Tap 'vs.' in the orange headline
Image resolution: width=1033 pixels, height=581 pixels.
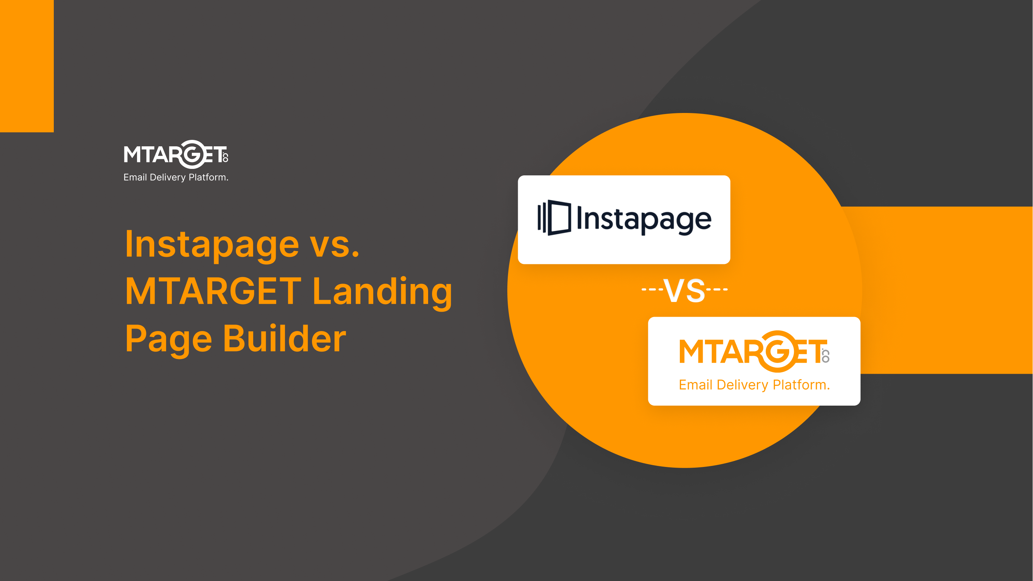[335, 246]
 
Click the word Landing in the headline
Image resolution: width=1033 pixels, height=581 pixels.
[383, 293]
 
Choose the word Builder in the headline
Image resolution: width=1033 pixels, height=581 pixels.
[284, 338]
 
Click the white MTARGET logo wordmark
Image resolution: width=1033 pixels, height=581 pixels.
[176, 154]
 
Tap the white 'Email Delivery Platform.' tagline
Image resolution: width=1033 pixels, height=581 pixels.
[176, 178]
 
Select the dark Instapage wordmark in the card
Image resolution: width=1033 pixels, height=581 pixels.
[644, 219]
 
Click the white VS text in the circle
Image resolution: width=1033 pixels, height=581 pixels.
[684, 290]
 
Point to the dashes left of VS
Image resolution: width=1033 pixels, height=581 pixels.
[652, 289]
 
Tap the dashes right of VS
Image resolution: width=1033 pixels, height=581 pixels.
[717, 289]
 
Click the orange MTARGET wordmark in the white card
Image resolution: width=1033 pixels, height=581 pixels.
[754, 351]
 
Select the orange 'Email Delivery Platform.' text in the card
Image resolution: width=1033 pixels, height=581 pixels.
[754, 385]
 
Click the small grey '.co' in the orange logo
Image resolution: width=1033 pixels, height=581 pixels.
[826, 355]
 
